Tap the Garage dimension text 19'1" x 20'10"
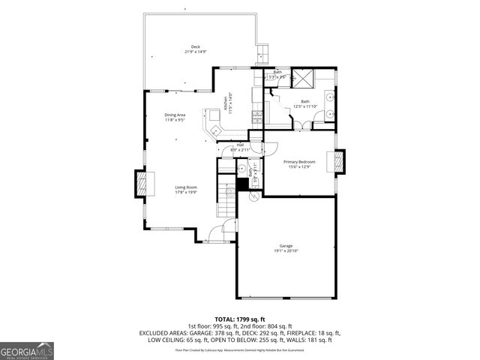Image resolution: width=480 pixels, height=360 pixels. [286, 250]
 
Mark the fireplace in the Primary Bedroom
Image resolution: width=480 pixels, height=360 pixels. [339, 162]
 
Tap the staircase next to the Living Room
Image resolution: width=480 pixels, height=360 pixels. [226, 201]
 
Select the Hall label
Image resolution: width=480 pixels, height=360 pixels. [240, 145]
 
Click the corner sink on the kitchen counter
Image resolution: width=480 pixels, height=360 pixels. [214, 130]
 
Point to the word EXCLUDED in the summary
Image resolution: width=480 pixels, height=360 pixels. [156, 333]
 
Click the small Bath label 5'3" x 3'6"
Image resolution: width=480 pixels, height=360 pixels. [277, 73]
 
